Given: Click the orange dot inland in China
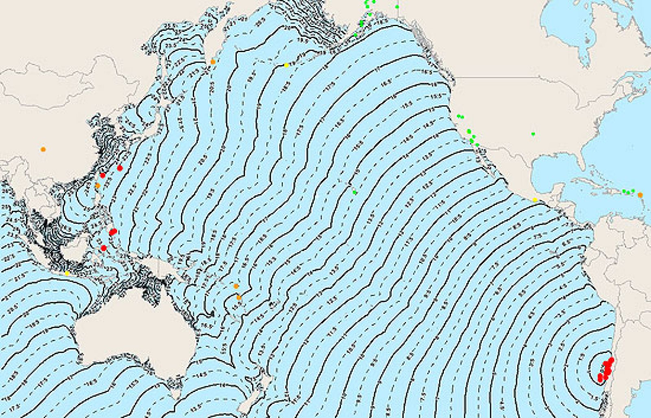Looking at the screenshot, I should coord(43,149).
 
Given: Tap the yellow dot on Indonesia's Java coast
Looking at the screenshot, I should coord(67,273).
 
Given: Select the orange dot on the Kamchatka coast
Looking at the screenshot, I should coord(213,62).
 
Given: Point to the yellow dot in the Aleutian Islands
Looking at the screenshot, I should coord(286,65).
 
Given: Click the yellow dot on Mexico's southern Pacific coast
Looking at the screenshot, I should coord(535,199).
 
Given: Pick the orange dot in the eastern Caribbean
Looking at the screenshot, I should coord(640,195).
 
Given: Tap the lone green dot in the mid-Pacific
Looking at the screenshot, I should coord(355,192).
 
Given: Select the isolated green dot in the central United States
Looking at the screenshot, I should coord(533,133).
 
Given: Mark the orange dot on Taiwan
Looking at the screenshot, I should coord(98,186).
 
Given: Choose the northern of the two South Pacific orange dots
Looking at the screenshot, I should coord(236,286).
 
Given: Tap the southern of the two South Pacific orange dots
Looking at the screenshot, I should coord(239,298).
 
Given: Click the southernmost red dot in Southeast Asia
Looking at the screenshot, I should coord(104,248).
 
